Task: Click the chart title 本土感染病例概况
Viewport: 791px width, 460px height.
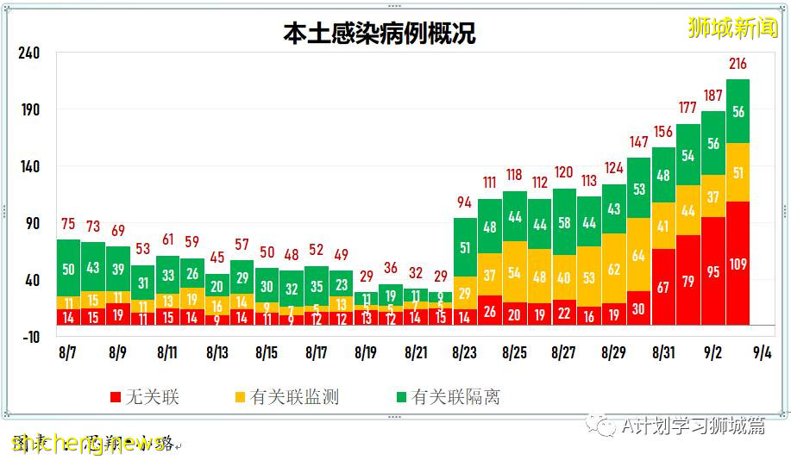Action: click(380, 34)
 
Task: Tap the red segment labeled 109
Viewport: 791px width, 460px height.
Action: click(738, 263)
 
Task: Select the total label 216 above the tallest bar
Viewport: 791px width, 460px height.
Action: click(738, 64)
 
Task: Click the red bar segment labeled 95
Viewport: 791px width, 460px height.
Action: click(713, 270)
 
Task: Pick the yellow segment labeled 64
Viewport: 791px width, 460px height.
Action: click(638, 255)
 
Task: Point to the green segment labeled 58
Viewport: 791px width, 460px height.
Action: click(564, 222)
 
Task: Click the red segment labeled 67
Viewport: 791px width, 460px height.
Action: click(663, 286)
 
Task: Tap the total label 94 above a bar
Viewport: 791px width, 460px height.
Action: click(465, 202)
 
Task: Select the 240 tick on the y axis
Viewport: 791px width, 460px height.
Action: click(29, 53)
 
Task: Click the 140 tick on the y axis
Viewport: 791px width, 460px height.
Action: click(29, 166)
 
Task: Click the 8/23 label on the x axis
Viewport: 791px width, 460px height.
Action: click(465, 353)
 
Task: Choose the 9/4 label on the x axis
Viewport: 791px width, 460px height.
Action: click(763, 353)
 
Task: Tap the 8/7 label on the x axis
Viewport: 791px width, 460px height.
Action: click(68, 353)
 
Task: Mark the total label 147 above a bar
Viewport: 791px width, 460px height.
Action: click(638, 142)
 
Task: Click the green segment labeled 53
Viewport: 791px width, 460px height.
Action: click(638, 189)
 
